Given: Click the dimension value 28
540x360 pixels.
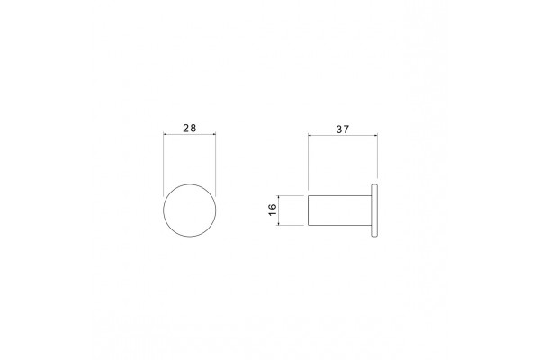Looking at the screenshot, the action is point(189,128).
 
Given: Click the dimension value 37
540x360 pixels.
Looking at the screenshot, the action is point(342,130).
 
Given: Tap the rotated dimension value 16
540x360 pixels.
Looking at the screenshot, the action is point(272,210).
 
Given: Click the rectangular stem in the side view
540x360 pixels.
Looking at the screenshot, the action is point(339,211).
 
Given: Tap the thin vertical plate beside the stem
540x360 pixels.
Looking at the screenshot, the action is point(374,211).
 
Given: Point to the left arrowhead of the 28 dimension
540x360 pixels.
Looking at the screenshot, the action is point(165,134).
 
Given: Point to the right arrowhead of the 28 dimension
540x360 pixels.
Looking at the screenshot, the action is point(214,134).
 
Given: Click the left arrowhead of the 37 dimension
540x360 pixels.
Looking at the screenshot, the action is point(310,136).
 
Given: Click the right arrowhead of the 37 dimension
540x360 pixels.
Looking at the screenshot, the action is point(375,136).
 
